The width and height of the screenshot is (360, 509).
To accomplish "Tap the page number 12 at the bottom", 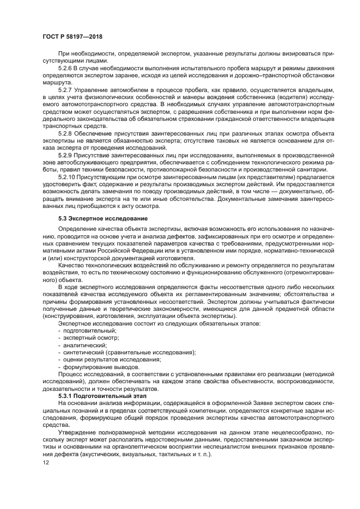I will (46, 462).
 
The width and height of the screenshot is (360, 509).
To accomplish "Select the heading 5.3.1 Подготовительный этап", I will (97, 397).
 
